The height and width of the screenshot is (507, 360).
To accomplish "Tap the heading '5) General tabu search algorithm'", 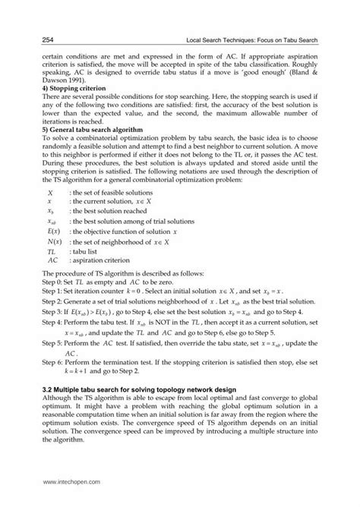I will pos(81,131).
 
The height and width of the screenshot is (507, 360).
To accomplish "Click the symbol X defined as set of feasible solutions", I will pos(49,195).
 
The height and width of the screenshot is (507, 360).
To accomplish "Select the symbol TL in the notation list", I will pos(51,249).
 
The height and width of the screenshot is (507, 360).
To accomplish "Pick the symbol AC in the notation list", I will pos(52,259).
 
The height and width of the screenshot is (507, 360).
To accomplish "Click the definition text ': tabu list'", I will pos(85,249).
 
